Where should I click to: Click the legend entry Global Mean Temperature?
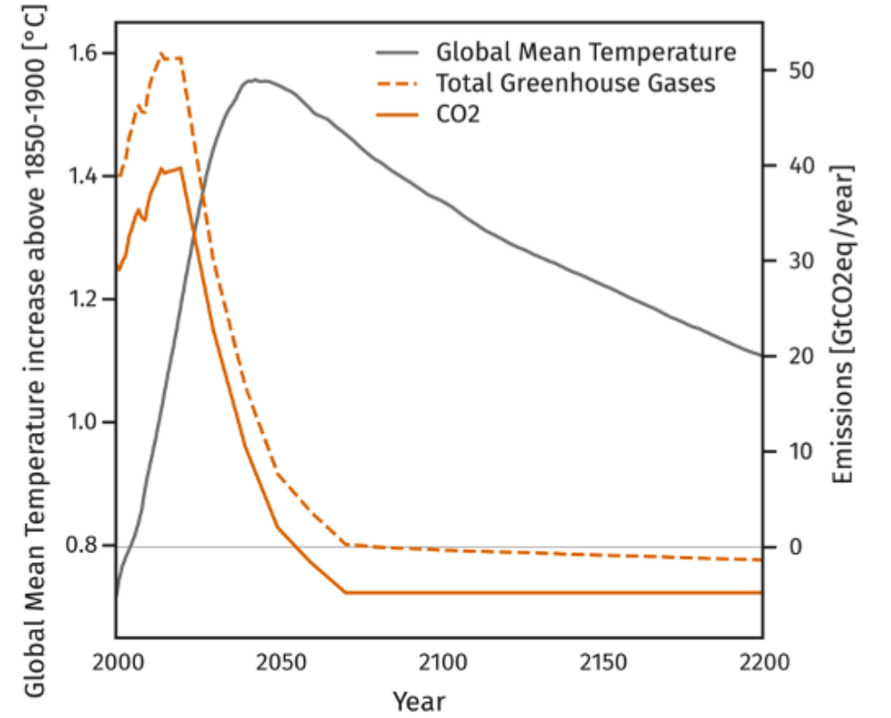[586, 52]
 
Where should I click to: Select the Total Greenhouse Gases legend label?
[576, 83]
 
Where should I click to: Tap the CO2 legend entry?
[458, 115]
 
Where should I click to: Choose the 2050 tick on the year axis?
[279, 663]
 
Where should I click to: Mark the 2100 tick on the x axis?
[440, 663]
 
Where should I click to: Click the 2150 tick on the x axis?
[601, 663]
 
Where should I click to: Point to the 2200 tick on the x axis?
[763, 663]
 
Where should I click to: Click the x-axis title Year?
[419, 699]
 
